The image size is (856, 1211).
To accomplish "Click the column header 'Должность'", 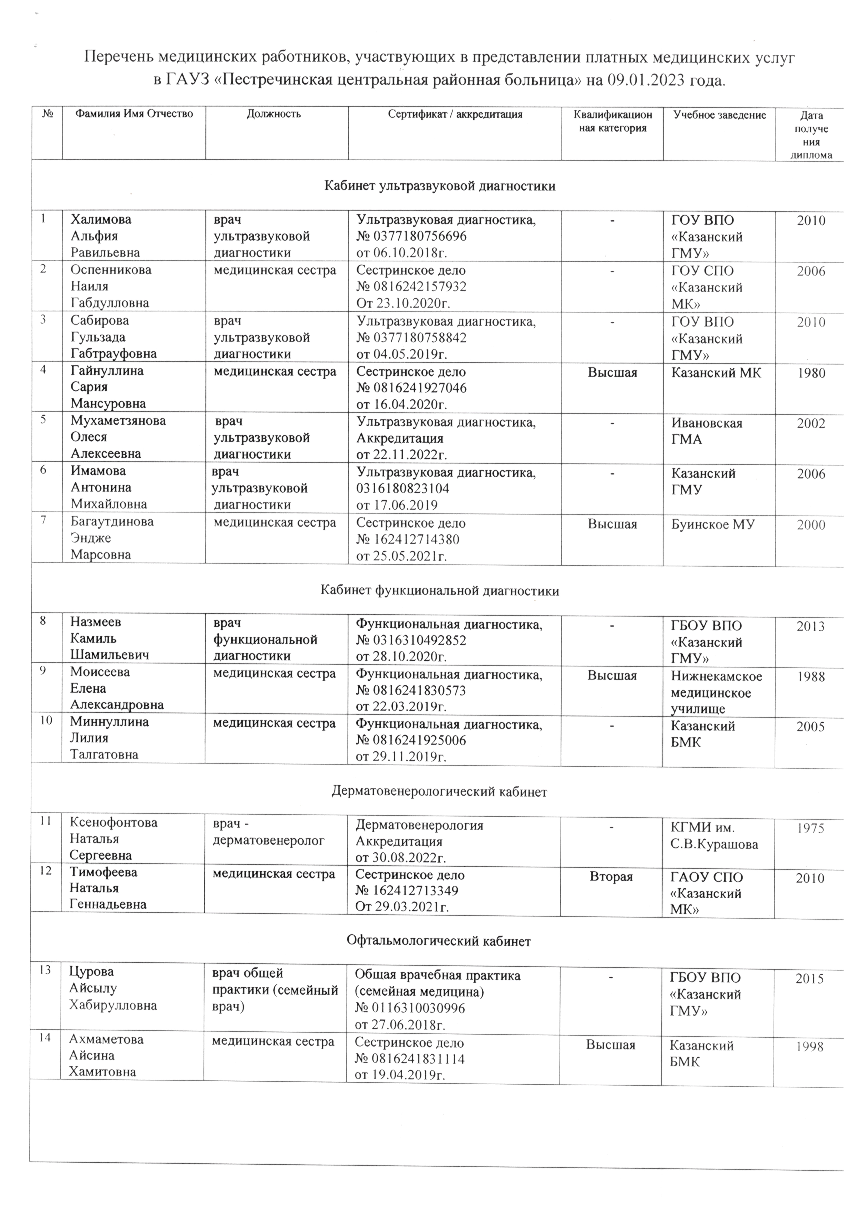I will pyautogui.click(x=274, y=114).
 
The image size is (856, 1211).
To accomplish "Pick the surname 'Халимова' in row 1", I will pyautogui.click(x=101, y=219).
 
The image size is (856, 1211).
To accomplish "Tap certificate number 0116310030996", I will pyautogui.click(x=410, y=1008).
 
